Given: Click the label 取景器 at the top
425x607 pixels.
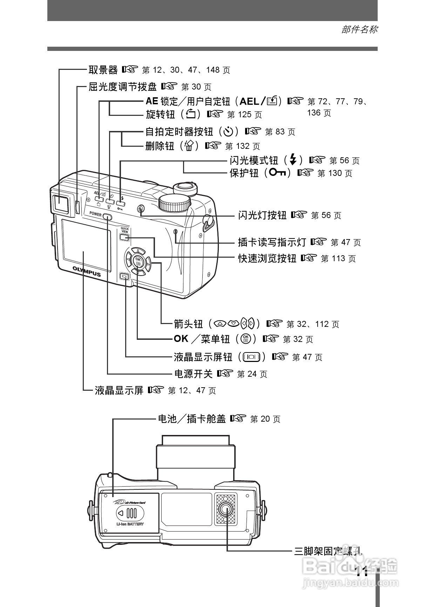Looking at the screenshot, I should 103,70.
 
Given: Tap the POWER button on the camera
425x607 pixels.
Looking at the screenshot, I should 108,217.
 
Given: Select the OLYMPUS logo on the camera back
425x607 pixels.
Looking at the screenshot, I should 87,271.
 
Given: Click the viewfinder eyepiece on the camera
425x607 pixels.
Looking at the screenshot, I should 61,203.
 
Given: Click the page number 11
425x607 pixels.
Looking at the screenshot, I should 362,572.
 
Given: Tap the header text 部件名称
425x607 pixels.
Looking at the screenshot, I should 359,29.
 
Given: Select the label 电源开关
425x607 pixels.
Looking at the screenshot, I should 193,374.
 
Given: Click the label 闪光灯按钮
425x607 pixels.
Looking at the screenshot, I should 262,215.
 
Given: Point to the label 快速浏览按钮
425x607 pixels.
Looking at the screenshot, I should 267,258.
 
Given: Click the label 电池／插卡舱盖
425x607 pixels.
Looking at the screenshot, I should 192,418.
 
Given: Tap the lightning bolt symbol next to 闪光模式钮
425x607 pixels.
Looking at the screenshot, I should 293,160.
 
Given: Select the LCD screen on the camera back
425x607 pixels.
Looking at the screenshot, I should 86,245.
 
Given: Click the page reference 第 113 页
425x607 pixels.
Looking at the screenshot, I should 338,259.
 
